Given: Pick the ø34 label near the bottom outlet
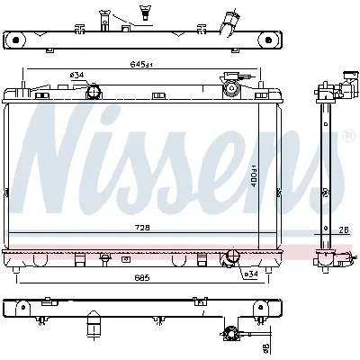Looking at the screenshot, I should coord(251,274).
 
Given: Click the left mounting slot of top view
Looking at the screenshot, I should coord(15,40).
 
